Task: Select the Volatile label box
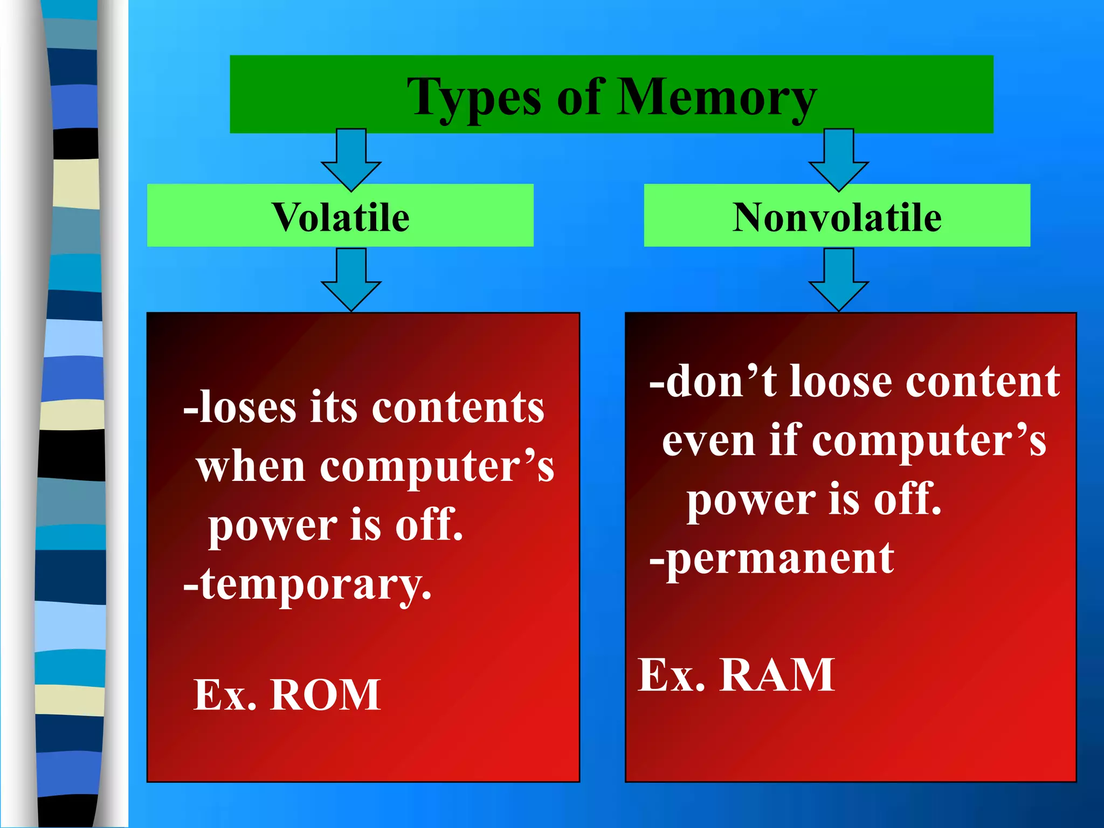point(340,216)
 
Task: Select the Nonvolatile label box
point(837,216)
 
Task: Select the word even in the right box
point(708,440)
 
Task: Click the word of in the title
point(579,97)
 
